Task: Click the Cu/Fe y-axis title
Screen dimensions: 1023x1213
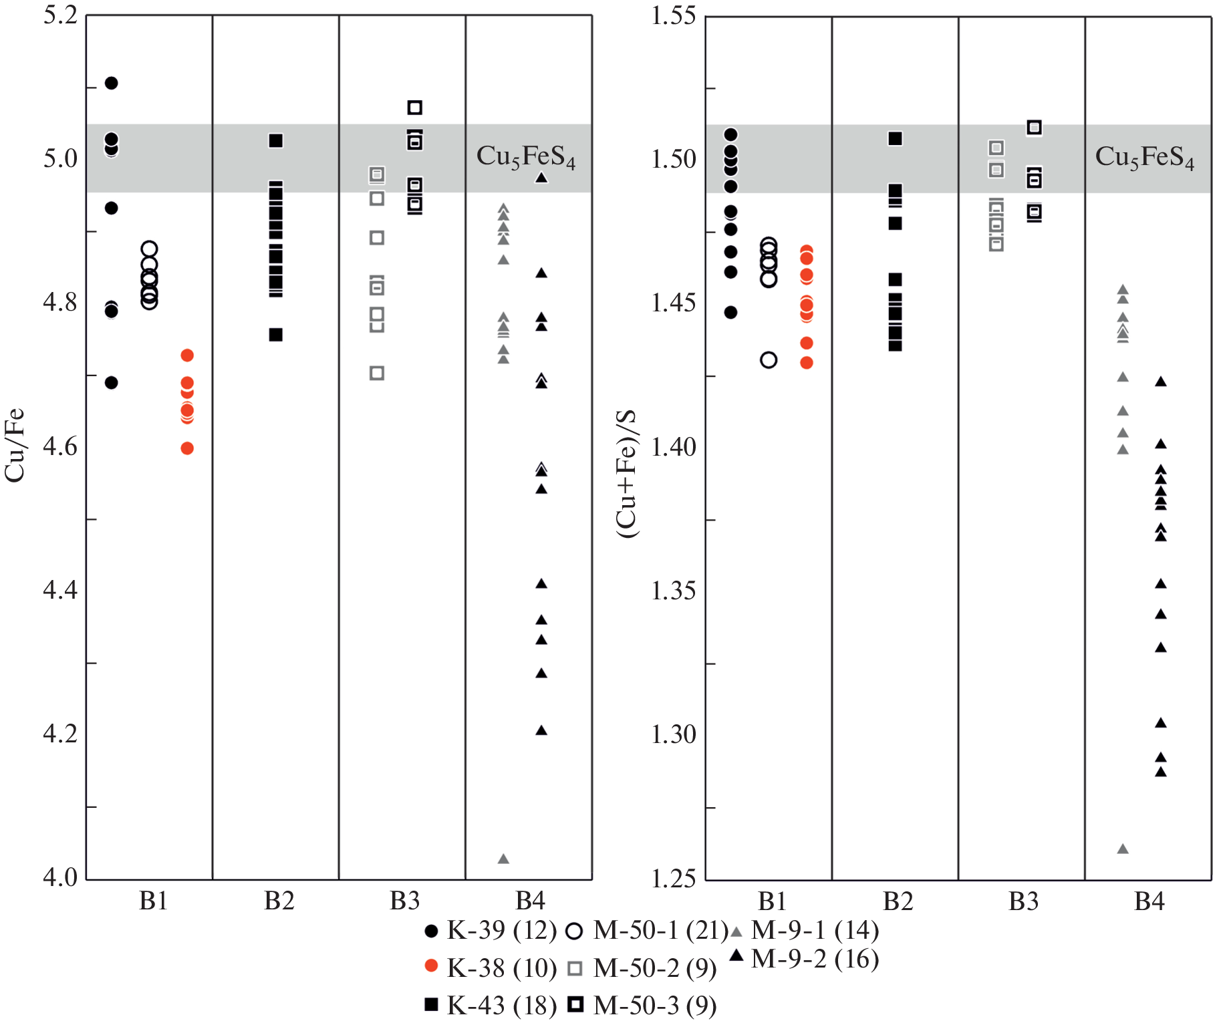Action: point(15,444)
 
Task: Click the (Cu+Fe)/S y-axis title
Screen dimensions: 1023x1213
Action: point(626,474)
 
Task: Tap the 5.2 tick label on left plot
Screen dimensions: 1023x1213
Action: point(60,15)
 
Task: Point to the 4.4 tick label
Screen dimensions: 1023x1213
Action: point(60,590)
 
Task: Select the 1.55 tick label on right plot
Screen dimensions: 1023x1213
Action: point(674,15)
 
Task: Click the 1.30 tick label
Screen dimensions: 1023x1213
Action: point(674,734)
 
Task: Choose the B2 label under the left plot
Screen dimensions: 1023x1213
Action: point(279,901)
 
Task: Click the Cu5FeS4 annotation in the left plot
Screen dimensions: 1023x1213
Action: point(526,157)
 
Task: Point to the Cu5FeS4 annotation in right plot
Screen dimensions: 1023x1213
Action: point(1145,158)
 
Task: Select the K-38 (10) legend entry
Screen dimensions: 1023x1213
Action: point(491,968)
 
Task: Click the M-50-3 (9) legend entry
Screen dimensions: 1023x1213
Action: point(642,1005)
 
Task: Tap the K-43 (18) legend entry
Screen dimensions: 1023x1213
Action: point(491,1005)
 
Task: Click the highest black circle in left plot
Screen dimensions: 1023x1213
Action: point(112,83)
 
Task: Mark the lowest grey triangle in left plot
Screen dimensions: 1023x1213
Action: point(503,859)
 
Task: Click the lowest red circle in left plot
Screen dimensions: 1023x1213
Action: point(187,448)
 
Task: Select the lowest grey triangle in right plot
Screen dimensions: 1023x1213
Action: point(1123,849)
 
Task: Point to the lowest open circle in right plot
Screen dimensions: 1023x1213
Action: point(769,360)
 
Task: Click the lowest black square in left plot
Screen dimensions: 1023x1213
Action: point(276,335)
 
